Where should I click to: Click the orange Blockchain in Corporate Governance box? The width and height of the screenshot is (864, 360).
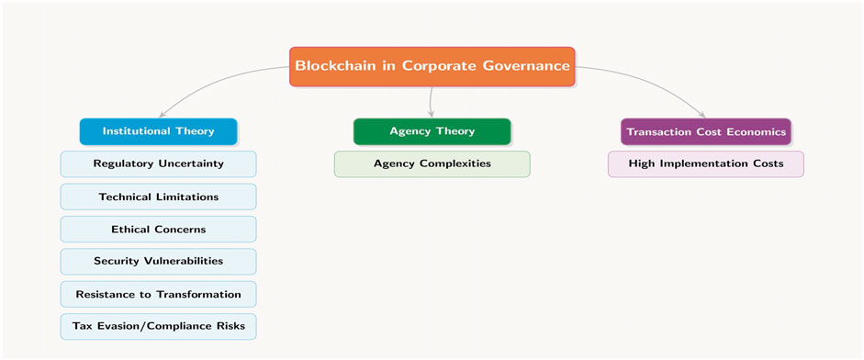tap(432, 66)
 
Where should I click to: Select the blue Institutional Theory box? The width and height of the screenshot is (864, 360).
tap(158, 131)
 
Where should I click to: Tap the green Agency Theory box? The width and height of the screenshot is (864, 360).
tap(432, 131)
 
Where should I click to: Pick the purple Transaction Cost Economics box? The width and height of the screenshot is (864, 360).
tap(706, 131)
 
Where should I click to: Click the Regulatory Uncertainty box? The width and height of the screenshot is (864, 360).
tap(158, 163)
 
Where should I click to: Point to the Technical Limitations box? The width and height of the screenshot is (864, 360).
tap(158, 197)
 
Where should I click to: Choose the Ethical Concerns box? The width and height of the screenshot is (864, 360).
tap(158, 230)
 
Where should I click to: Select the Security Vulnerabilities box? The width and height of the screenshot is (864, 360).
tap(158, 262)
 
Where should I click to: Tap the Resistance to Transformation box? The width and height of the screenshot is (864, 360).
tap(158, 294)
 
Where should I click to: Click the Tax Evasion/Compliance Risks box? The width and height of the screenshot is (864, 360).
tap(158, 326)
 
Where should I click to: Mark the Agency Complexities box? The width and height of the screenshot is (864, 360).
tap(432, 163)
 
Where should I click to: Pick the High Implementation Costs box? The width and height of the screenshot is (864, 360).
tap(706, 163)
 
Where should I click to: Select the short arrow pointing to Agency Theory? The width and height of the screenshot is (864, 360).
tap(431, 102)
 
